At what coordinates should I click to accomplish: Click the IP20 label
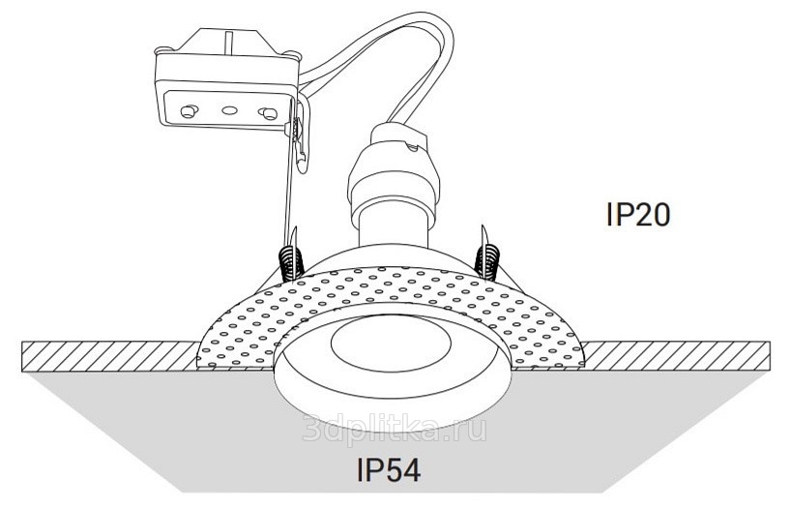[637, 214]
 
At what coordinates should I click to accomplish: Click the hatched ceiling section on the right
[677, 353]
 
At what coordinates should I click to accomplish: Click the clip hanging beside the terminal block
[302, 145]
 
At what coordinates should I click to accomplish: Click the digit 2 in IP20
[637, 214]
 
